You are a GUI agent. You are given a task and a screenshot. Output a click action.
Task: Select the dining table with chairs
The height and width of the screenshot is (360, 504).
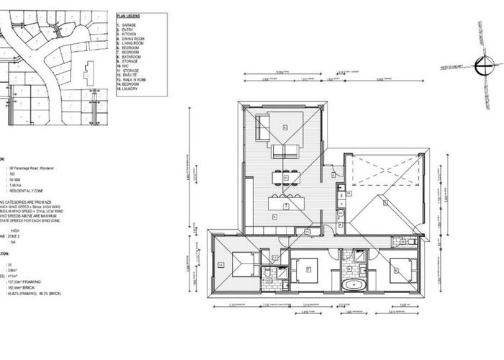(285, 177)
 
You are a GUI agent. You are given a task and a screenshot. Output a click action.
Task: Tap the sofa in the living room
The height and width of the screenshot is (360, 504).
(284, 151)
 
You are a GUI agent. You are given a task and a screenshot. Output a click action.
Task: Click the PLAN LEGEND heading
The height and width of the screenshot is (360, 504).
(130, 16)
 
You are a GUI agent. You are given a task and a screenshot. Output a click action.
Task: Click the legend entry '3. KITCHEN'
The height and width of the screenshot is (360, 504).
(129, 34)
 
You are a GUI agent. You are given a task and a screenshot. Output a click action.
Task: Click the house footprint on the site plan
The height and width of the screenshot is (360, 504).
(87, 72)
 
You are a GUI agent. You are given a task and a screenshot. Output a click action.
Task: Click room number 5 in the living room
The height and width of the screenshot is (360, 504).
(285, 127)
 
